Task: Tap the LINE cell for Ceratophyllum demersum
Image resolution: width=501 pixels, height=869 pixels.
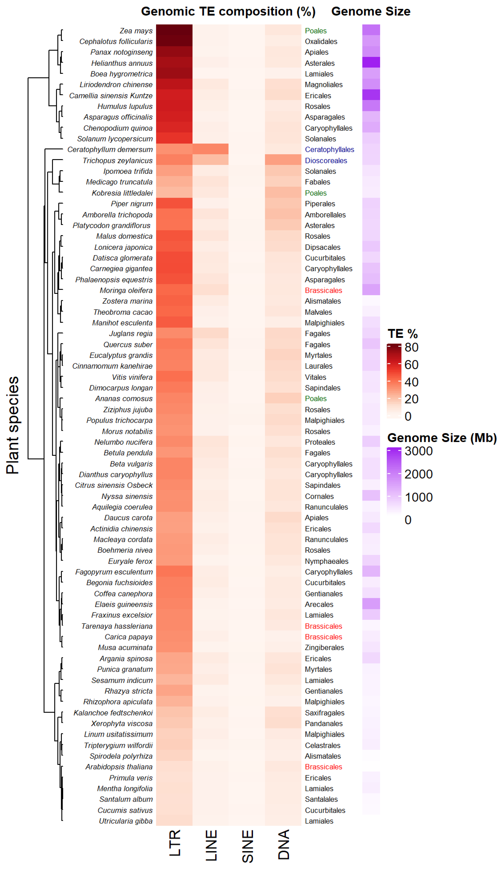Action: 210,149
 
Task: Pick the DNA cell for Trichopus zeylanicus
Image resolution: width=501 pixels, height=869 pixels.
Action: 283,160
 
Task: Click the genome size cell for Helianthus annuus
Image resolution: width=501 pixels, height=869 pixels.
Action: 371,63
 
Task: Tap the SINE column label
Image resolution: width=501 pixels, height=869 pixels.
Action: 247,846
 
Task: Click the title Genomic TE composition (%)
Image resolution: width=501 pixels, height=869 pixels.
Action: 228,11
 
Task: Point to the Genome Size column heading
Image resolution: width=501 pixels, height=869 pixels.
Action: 371,11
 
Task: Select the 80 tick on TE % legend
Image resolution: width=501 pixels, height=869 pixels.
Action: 411,347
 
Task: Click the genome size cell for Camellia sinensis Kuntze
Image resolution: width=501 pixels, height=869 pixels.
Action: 371,95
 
